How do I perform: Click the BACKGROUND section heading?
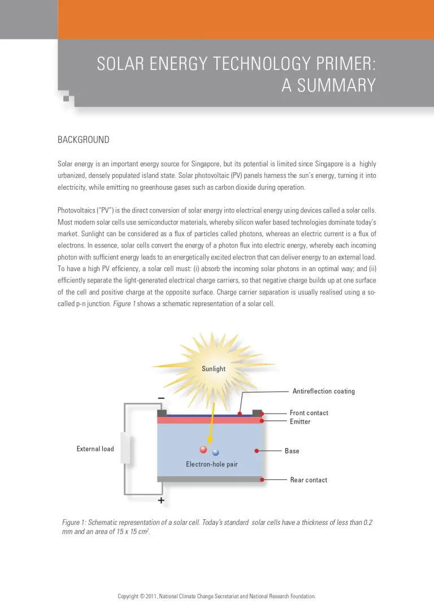[83, 140]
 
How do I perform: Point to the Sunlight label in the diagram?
[214, 369]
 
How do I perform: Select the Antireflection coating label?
[323, 391]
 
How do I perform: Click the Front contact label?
[309, 413]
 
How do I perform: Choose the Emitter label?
[300, 421]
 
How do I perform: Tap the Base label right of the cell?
[292, 451]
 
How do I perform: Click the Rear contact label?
[309, 480]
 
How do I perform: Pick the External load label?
[95, 449]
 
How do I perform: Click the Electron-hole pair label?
[212, 464]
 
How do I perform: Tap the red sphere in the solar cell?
[203, 450]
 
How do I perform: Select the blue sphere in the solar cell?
[215, 453]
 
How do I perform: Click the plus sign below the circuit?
[161, 501]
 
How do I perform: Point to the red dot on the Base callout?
[257, 451]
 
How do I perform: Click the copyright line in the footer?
[216, 596]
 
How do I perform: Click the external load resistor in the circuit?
[125, 450]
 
